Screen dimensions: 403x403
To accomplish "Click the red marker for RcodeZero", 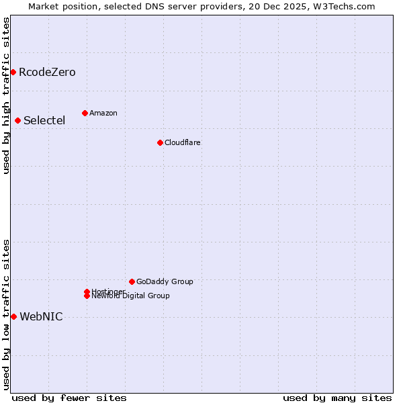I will tap(13, 72).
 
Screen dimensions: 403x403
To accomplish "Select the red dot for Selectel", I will tap(17, 120).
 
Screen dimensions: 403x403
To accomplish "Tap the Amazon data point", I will tap(85, 113).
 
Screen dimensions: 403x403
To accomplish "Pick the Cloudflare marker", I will tap(160, 142).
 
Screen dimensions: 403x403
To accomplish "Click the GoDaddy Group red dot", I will tap(132, 281).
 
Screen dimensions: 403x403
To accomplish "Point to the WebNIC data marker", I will tap(13, 316).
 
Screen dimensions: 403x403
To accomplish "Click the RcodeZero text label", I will tap(47, 73).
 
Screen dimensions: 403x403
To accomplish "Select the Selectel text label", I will tap(44, 121).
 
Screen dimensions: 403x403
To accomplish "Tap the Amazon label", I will tap(103, 114).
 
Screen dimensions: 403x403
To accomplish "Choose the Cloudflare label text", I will tap(183, 143).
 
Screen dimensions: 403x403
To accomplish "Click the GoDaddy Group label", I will tap(165, 282).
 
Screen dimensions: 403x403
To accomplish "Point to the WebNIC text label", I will tap(41, 317).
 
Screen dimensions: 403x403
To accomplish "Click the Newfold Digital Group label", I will tap(131, 296).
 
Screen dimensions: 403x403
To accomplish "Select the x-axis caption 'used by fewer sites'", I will tap(69, 398).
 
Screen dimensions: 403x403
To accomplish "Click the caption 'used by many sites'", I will tap(337, 398).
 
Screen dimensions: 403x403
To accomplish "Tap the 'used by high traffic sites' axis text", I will tap(6, 95).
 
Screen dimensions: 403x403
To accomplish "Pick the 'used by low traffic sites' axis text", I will tap(6, 314).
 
